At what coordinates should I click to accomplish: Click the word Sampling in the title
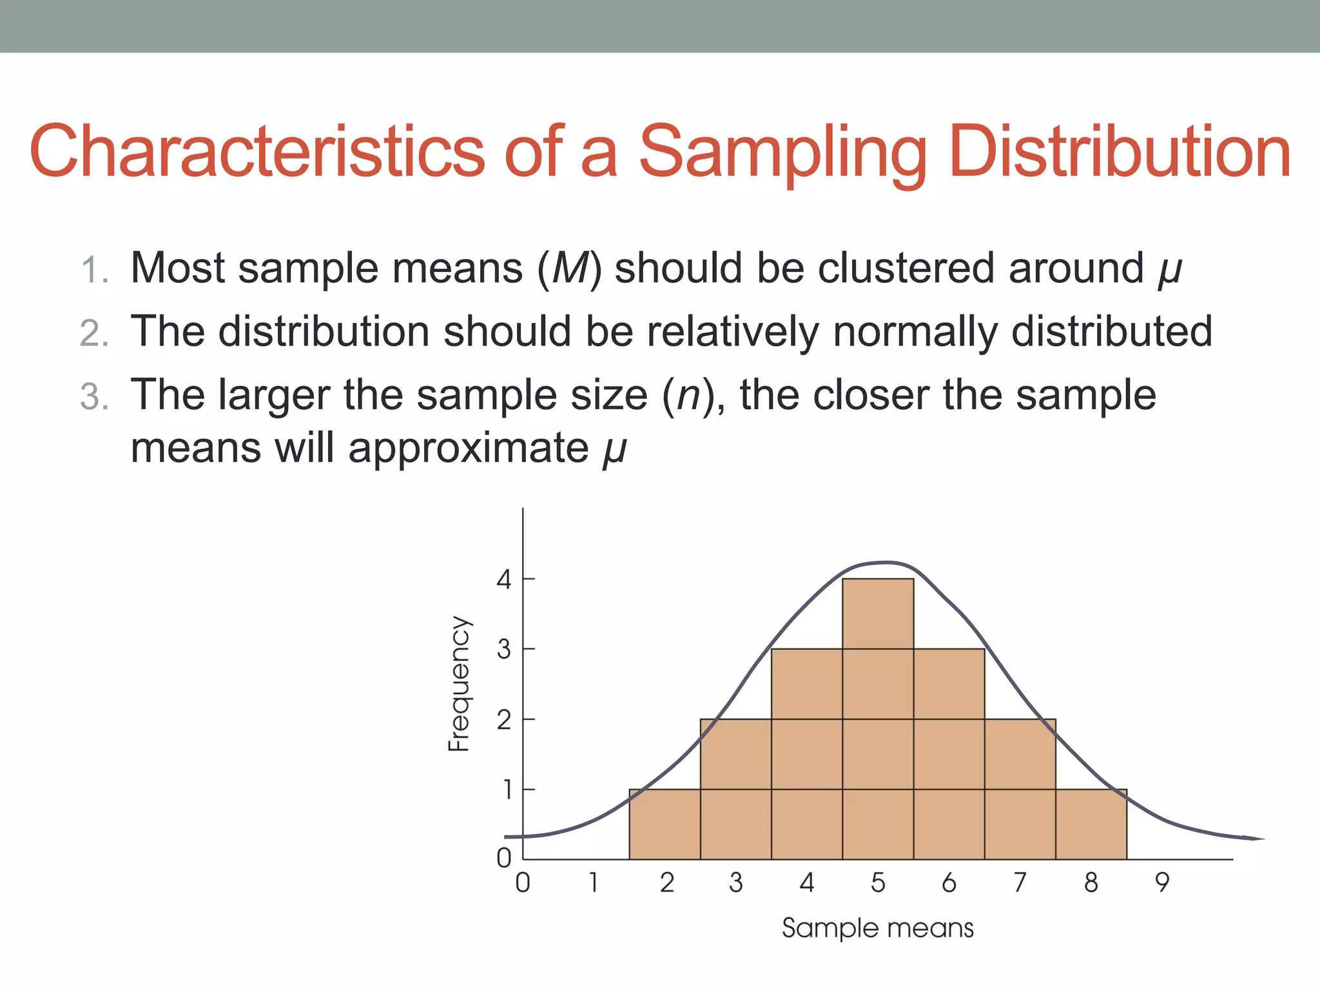782,153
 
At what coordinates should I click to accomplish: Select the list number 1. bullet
95,269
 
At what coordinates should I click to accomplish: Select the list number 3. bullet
95,396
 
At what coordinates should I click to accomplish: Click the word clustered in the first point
906,267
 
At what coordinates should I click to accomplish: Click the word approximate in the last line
469,447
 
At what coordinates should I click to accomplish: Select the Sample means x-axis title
877,928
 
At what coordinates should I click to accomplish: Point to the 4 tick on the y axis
503,579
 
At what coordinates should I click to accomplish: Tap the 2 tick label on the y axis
503,720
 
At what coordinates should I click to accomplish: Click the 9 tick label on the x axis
1161,882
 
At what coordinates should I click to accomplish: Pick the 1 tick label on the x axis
594,882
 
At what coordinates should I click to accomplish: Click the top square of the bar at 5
878,614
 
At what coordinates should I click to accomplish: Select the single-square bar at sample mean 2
665,824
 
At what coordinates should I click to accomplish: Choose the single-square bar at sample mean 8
1091,824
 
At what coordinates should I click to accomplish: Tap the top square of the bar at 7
1020,753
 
